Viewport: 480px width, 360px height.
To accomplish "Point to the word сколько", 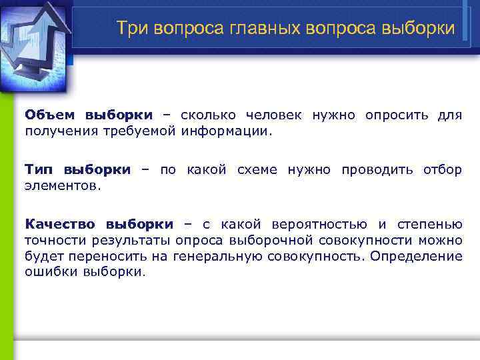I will click(206, 115).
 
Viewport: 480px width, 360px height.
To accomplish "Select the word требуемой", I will click(138, 131).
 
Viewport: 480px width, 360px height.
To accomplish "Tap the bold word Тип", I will click(39, 169).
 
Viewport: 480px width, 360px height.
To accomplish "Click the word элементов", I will click(63, 185).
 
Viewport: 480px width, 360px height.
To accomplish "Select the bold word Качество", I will click(61, 224).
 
